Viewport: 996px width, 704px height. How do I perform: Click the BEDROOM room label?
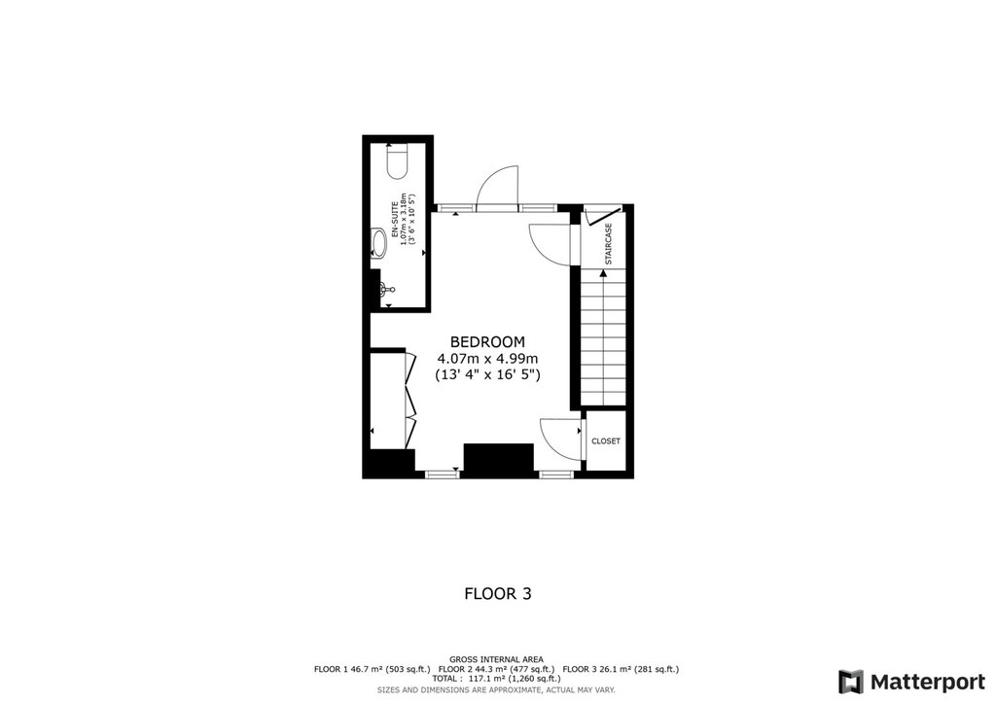(x=487, y=342)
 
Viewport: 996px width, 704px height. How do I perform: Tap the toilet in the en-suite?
(x=397, y=161)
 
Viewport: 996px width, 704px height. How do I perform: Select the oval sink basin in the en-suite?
(x=379, y=242)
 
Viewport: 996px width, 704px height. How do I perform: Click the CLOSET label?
(x=605, y=441)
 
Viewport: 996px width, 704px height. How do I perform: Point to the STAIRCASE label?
(x=609, y=244)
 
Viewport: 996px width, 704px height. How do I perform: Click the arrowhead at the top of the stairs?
(x=603, y=273)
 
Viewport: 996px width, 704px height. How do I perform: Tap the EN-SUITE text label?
(x=395, y=220)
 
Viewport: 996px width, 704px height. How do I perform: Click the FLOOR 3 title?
(x=498, y=593)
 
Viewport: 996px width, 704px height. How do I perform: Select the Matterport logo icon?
(x=851, y=682)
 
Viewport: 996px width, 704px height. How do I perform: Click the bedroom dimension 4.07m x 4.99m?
(x=487, y=359)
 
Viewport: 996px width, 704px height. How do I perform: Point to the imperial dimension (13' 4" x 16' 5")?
(x=487, y=374)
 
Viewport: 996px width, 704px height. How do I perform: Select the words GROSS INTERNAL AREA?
(x=496, y=659)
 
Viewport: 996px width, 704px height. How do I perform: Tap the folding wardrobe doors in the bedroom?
(x=410, y=400)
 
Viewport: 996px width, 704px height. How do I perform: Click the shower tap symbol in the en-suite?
(x=387, y=290)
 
